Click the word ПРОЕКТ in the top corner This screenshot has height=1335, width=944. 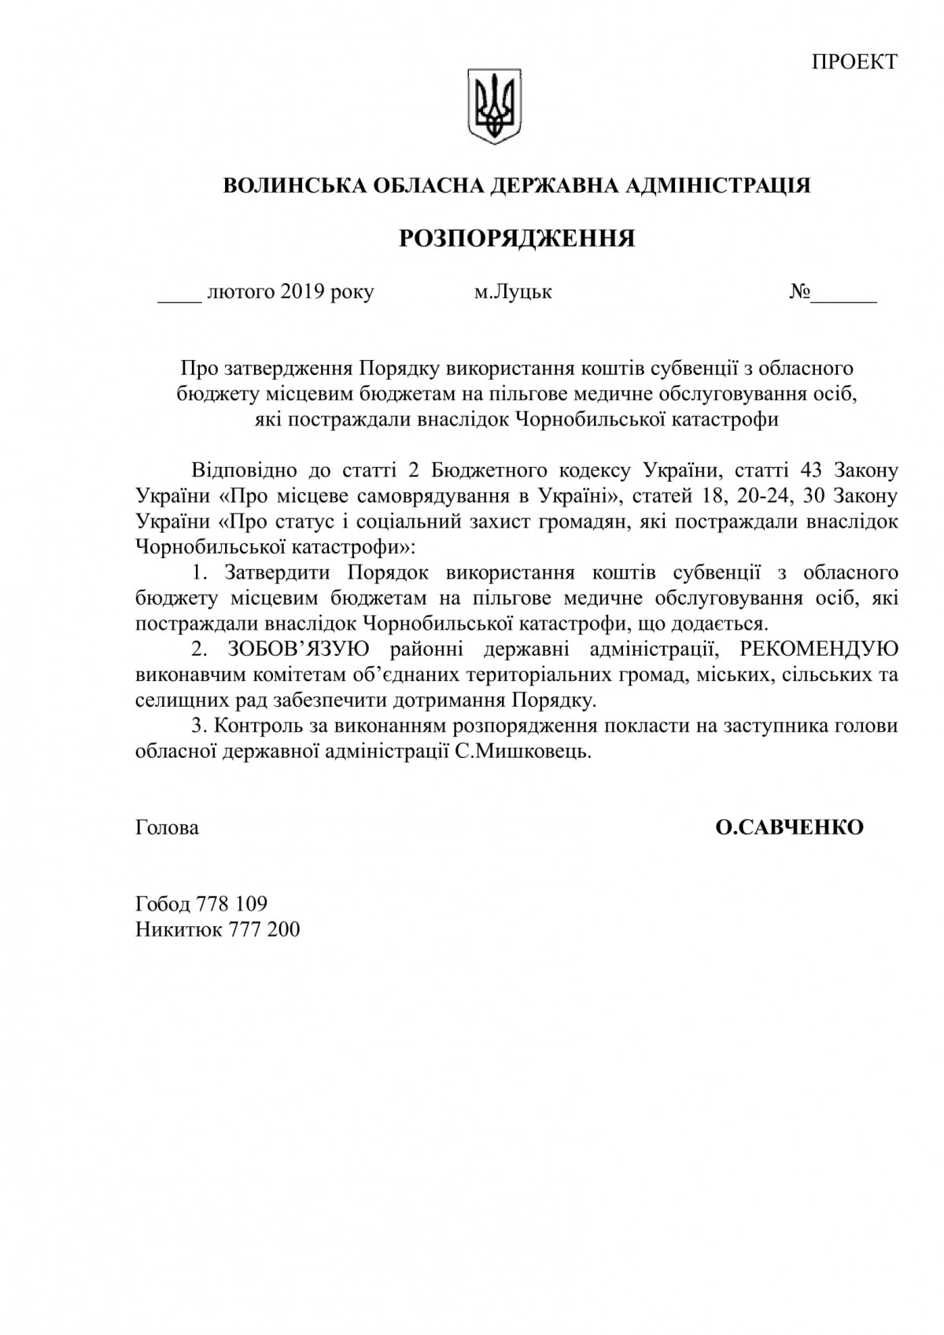(x=854, y=62)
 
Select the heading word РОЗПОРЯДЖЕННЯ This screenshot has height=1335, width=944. (x=517, y=238)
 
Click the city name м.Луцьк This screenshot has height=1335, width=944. (x=513, y=292)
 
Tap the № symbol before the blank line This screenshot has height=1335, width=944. (x=801, y=292)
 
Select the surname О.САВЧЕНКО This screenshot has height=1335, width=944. (x=789, y=828)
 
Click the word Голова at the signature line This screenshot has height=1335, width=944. (x=167, y=828)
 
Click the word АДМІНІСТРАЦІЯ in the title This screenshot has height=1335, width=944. (x=717, y=186)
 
